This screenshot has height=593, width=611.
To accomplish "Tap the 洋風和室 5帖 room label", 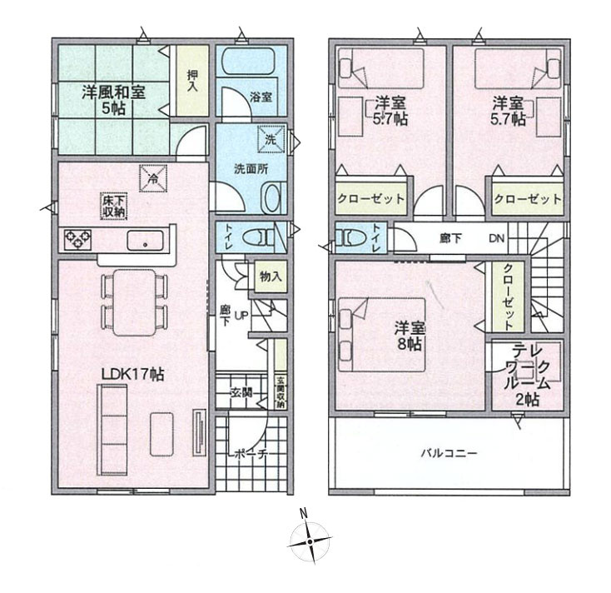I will coord(113,99).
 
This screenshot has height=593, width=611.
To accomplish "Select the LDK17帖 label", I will coord(132,375).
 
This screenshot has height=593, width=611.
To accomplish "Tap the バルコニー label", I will coord(448,455).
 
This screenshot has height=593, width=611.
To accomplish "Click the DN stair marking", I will coord(496,238).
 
